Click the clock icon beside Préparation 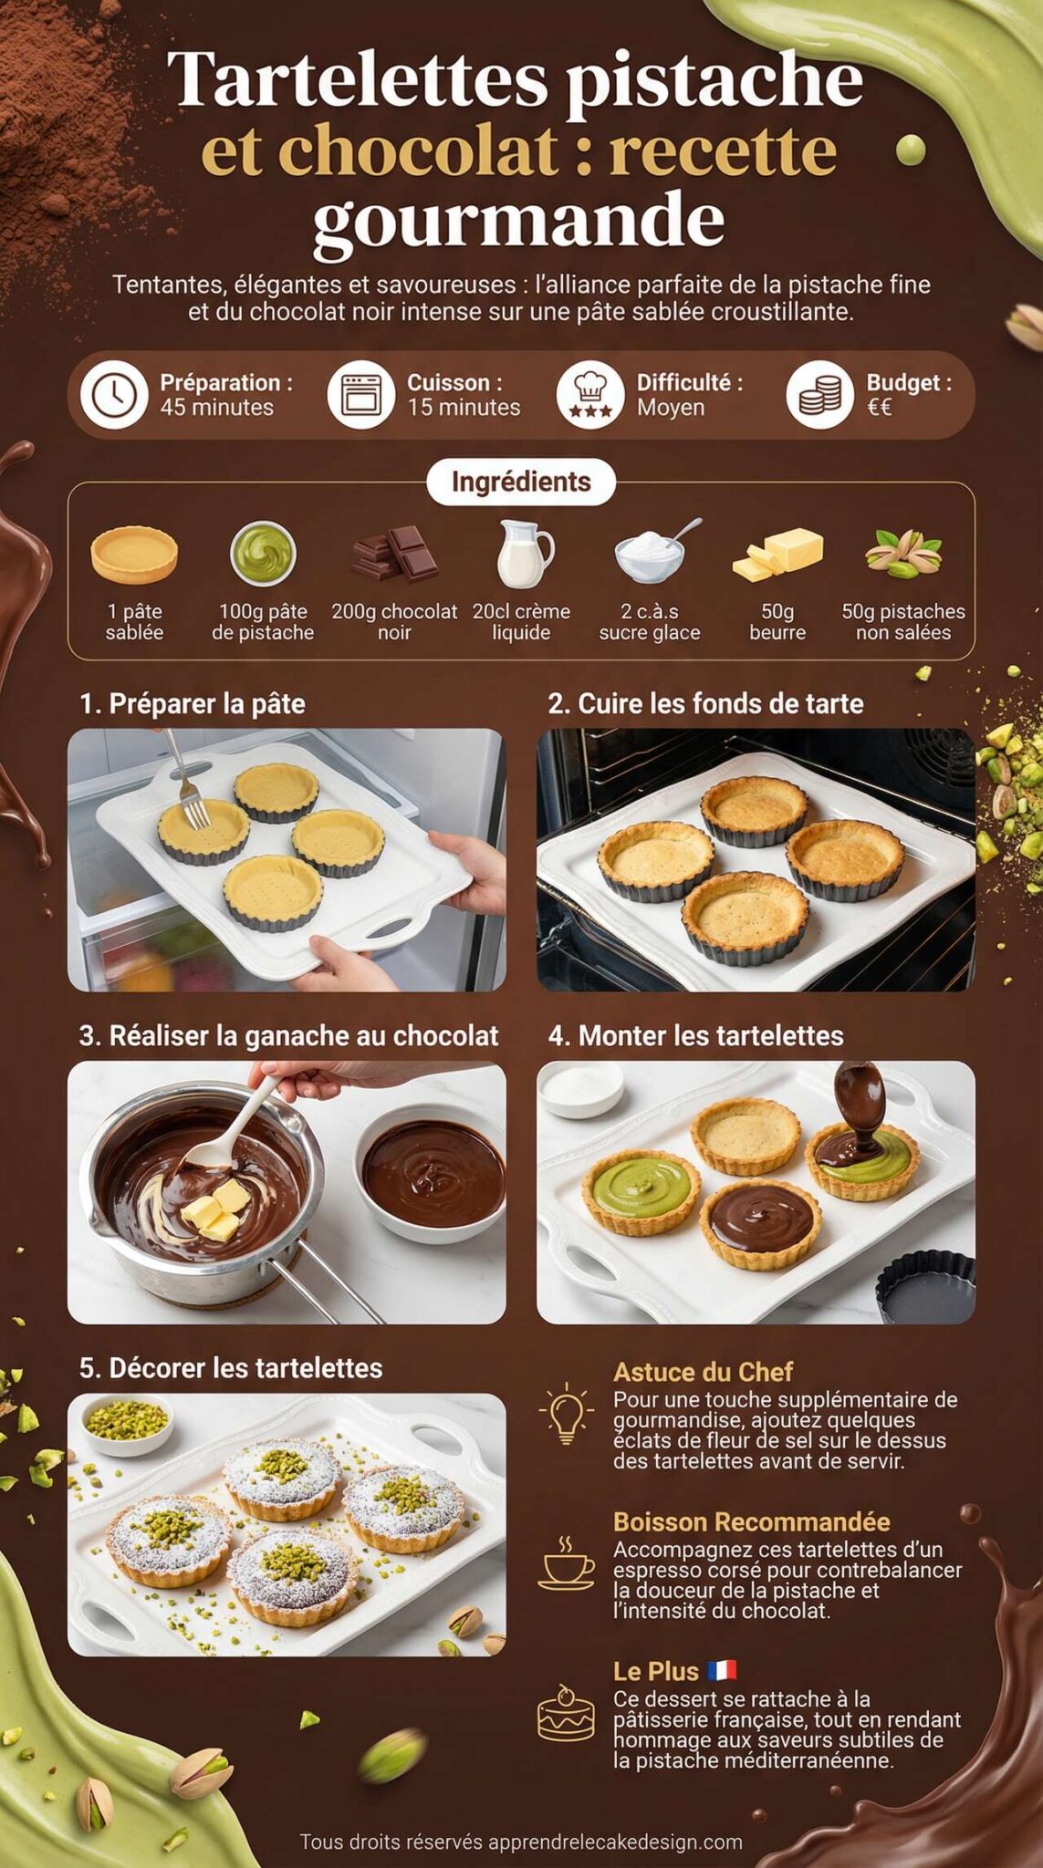coord(114,395)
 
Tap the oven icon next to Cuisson coord(360,395)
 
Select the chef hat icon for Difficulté coord(590,395)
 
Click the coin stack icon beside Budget coord(819,395)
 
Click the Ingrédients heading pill coord(521,482)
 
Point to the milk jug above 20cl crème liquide coord(524,553)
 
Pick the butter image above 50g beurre coord(778,554)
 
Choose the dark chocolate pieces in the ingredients coord(395,555)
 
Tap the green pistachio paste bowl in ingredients coord(263,554)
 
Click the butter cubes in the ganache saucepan coord(216,1208)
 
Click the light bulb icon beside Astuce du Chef coord(566,1413)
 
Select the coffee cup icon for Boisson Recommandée coord(567,1562)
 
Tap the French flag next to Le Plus coord(722,1670)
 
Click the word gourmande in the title coord(518,221)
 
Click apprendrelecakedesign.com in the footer coord(615,1842)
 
